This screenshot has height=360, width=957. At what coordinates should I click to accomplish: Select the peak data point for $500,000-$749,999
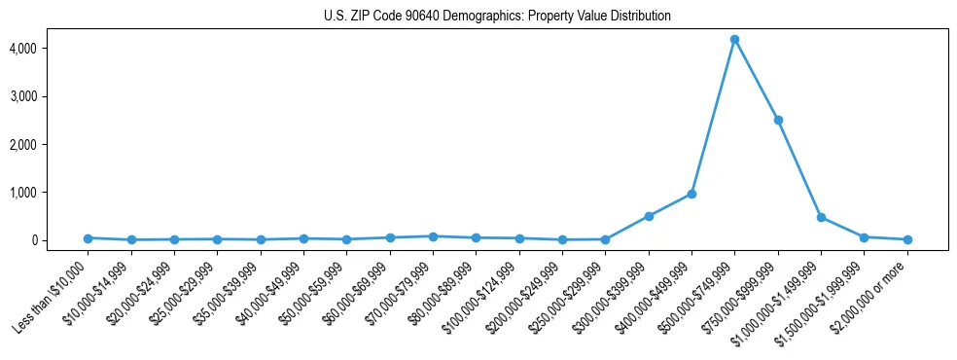pos(734,39)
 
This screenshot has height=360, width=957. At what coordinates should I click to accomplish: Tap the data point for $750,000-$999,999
pos(778,120)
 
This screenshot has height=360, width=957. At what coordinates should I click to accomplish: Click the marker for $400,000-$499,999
pos(691,194)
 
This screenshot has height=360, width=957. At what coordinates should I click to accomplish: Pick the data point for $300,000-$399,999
pos(649,216)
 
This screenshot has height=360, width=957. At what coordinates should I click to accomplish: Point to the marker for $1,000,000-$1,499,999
pos(821,217)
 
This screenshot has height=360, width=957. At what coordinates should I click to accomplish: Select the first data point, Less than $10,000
pos(88,237)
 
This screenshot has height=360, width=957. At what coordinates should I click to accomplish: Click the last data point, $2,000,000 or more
pos(907,239)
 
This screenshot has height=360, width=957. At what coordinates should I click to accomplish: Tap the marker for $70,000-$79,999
pos(433,236)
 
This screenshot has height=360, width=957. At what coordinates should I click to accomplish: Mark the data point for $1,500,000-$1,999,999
pos(864,236)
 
